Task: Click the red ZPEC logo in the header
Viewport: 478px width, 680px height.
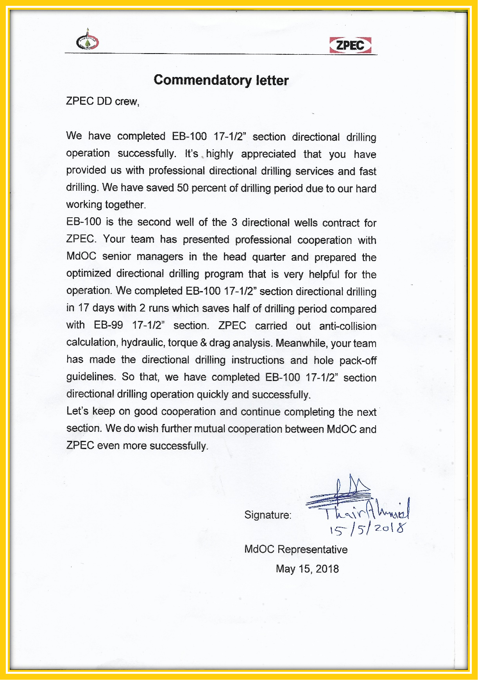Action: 350,45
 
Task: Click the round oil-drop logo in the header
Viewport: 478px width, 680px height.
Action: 88,40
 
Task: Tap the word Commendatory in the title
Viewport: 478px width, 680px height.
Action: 202,80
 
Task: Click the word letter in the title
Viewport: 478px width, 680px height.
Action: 272,81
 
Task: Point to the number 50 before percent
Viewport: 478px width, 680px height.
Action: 183,188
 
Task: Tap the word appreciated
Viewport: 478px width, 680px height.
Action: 268,154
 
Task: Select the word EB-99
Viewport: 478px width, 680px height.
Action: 108,325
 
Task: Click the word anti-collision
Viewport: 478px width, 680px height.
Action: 347,326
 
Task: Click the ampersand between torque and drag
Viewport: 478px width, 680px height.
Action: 203,343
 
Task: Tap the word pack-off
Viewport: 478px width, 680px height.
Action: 358,360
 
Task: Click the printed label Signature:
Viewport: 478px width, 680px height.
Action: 268,515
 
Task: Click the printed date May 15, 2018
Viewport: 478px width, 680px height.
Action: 307,569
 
